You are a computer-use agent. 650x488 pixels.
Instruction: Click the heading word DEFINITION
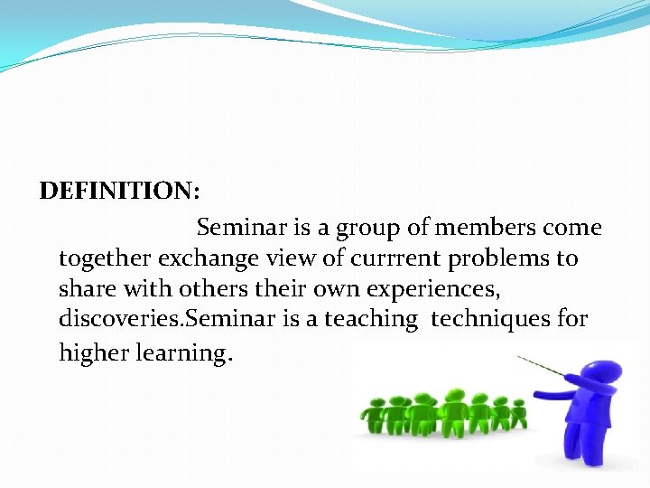118,192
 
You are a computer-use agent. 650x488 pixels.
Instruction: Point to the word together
105,259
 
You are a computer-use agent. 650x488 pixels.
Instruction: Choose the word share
84,289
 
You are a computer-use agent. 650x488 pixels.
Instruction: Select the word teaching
372,320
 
